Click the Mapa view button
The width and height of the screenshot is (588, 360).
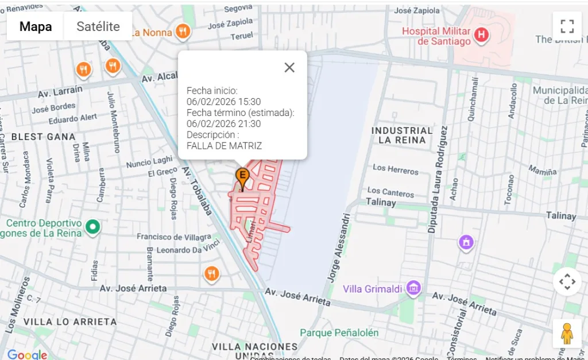[36, 26]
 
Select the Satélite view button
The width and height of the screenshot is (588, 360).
[98, 26]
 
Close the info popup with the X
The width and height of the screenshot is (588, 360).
[289, 68]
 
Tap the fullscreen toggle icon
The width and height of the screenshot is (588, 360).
[567, 26]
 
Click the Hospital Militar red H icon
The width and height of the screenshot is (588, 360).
[482, 36]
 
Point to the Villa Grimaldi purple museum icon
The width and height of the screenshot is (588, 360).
[413, 288]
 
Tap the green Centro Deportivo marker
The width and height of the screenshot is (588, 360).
[92, 227]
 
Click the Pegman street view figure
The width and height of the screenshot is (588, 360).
[567, 334]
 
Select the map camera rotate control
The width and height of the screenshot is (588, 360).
[567, 282]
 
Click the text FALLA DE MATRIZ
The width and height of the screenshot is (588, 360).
[224, 146]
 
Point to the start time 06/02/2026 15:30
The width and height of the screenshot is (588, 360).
[223, 102]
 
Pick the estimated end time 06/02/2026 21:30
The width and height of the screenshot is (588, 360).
[223, 123]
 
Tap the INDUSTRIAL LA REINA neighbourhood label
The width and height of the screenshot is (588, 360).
[402, 135]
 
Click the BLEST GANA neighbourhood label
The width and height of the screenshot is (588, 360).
[43, 137]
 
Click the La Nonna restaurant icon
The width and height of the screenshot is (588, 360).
[183, 32]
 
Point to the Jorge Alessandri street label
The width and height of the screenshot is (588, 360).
[339, 248]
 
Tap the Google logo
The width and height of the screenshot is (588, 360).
[26, 354]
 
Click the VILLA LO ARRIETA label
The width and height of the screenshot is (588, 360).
[70, 322]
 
